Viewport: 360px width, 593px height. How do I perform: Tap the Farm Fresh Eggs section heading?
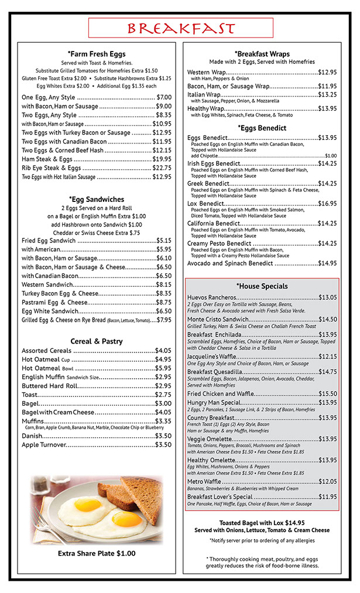tap(97, 54)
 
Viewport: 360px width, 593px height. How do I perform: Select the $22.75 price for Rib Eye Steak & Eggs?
tap(162, 167)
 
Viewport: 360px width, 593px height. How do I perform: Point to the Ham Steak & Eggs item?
tap(47, 159)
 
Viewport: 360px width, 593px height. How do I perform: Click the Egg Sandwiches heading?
tap(97, 199)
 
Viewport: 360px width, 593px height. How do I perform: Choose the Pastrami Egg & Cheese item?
tap(54, 302)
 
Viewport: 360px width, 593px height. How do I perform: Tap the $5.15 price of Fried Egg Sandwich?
tap(163, 240)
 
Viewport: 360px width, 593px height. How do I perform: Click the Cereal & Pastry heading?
tap(97, 341)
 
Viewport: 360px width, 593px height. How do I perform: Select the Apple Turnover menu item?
tap(44, 444)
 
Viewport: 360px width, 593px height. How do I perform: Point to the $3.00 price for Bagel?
tap(163, 403)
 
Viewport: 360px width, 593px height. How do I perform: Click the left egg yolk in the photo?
tap(88, 504)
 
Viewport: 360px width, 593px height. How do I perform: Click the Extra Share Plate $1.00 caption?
tap(97, 553)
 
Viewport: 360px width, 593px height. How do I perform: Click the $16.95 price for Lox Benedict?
tap(327, 203)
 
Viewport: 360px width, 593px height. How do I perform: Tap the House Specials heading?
tap(262, 286)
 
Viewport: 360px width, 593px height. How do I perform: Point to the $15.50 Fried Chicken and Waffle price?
tap(327, 393)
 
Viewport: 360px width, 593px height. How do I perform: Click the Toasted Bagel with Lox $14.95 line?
tap(262, 523)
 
